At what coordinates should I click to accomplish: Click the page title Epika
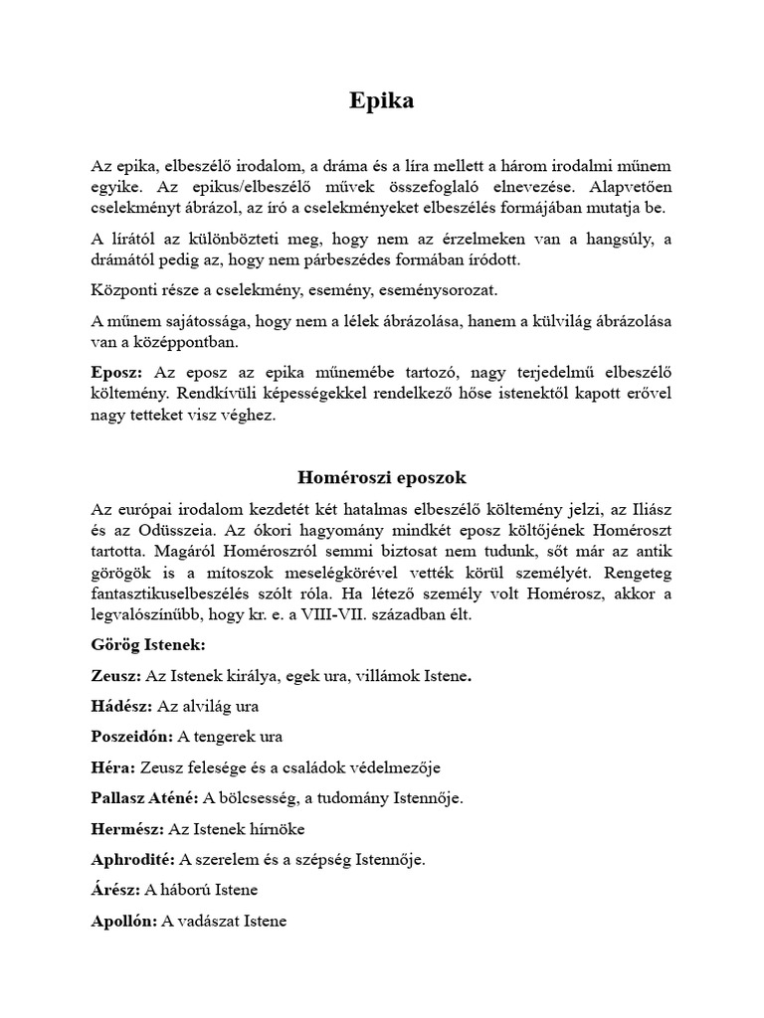point(381,101)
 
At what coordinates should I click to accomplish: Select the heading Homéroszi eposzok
point(381,477)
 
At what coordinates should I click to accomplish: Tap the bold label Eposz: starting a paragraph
point(116,371)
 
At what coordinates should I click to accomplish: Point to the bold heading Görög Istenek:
point(148,645)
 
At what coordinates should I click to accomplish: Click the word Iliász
point(648,510)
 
